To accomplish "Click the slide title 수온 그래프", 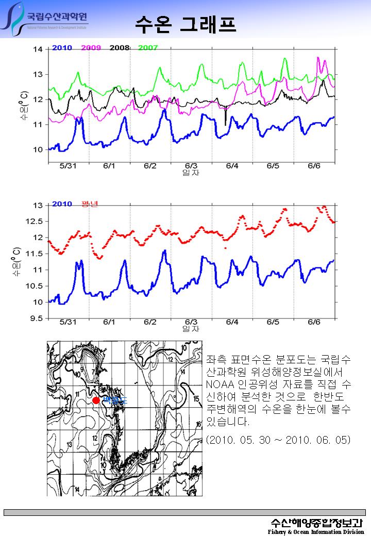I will pos(185,24).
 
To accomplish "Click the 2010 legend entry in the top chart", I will pos(61,47).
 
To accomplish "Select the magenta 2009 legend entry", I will pos(91,47).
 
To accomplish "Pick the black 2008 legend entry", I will pos(119,47).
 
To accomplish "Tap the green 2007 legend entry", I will pos(147,47).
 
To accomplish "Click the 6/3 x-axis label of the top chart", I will pos(191,166).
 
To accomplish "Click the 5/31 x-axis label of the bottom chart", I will pos(68,322).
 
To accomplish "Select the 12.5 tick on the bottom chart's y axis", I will pos(36,221).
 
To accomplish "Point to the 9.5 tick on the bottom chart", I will pos(38,319).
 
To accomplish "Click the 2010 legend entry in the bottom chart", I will pos(61,204).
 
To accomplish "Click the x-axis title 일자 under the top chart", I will pos(191,173).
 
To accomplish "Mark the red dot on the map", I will pos(96,400).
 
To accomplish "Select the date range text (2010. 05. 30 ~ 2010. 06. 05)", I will pos(278,440).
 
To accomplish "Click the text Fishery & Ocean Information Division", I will pos(316,531).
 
